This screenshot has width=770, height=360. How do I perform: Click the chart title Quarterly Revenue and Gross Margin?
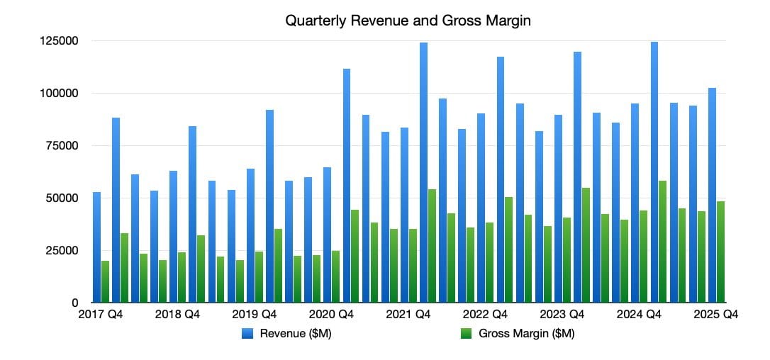coord(408,21)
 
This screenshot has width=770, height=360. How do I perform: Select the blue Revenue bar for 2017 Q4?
coord(96,247)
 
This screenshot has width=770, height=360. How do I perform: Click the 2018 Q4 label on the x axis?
coord(177,315)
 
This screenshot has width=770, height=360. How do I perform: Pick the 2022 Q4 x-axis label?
coord(485,315)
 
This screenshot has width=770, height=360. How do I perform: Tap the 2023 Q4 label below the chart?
coord(562,315)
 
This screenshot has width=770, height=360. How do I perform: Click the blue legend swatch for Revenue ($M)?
coord(248,334)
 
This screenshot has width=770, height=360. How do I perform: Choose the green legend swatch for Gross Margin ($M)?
coord(467,334)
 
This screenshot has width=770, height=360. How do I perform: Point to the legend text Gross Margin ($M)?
coord(526,334)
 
